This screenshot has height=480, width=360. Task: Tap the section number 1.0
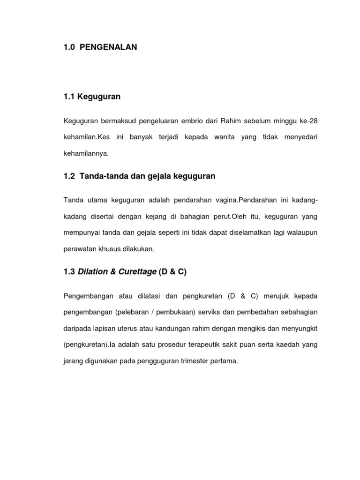pos(70,47)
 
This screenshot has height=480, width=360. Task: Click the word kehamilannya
pos(85,153)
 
